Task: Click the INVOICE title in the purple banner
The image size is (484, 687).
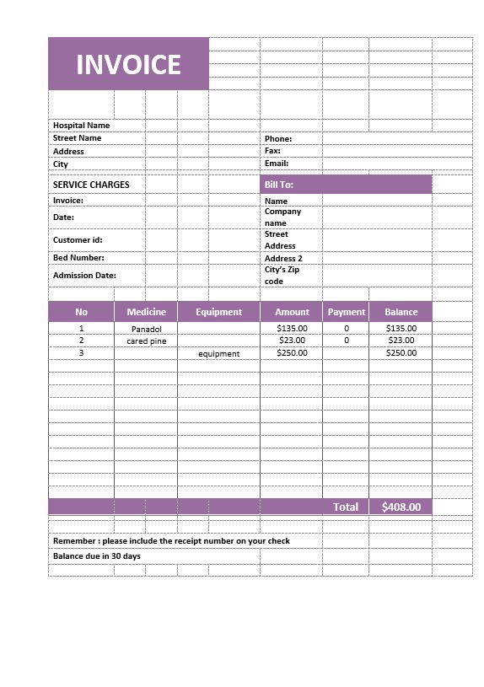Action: [x=128, y=65]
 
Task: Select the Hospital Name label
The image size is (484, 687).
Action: [x=81, y=126]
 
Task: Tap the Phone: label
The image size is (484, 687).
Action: [x=278, y=139]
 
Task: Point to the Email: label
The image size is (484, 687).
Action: [x=277, y=164]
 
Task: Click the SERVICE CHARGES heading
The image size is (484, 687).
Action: [x=91, y=185]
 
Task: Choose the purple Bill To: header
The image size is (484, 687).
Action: [x=346, y=185]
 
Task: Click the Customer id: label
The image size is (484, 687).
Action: [x=78, y=240]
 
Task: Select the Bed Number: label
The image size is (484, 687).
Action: [x=78, y=258]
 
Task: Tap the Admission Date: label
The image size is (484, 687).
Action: [x=84, y=276]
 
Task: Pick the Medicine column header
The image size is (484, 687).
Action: [x=146, y=312]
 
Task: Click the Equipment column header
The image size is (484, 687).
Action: [x=218, y=312]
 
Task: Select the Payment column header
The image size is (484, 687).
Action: [x=346, y=312]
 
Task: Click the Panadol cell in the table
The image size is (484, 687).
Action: [x=146, y=329]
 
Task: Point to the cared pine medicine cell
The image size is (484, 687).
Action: [x=146, y=341]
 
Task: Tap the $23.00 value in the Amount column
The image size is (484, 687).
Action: [x=292, y=341]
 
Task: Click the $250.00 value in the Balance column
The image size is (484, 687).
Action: [x=401, y=353]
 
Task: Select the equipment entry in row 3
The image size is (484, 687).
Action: [x=218, y=354]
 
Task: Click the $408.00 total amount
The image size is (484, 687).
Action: [x=401, y=507]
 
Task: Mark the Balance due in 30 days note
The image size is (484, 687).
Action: [x=97, y=556]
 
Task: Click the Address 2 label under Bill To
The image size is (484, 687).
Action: [x=283, y=259]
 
